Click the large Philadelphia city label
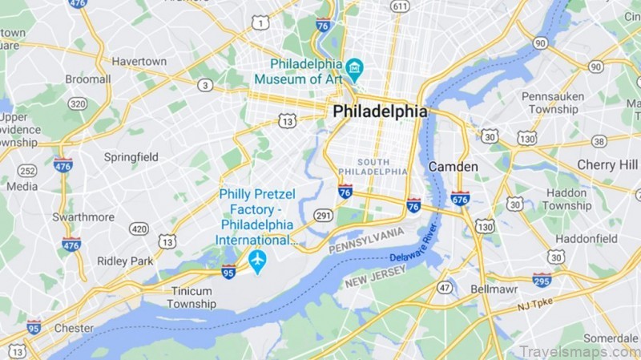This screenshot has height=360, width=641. [380, 111]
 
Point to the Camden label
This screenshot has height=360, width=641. [453, 166]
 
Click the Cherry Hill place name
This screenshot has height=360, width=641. [607, 164]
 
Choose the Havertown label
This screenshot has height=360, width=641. [139, 61]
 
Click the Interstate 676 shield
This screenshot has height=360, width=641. [460, 198]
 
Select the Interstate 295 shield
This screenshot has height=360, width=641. [542, 280]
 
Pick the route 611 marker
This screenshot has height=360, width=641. [400, 6]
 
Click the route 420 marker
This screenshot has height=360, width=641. [139, 229]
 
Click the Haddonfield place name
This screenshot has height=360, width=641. [587, 238]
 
